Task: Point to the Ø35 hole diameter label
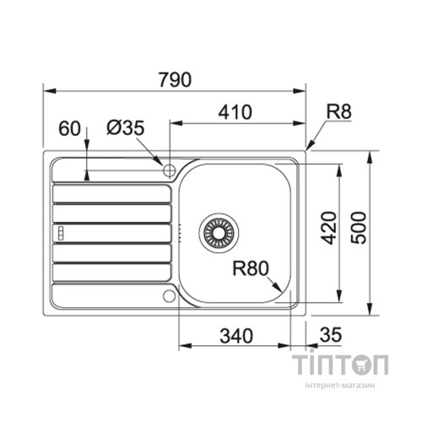pyautogui.click(x=126, y=128)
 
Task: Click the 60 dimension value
pyautogui.click(x=71, y=128)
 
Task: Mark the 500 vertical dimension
pyautogui.click(x=360, y=228)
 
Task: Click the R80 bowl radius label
pyautogui.click(x=250, y=270)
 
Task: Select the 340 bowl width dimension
pyautogui.click(x=235, y=335)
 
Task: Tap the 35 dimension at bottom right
pyautogui.click(x=331, y=335)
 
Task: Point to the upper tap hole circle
pyautogui.click(x=170, y=170)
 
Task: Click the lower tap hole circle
pyautogui.click(x=170, y=295)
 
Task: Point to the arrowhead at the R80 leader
pyautogui.click(x=280, y=290)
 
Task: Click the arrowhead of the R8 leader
pyautogui.click(x=309, y=146)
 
